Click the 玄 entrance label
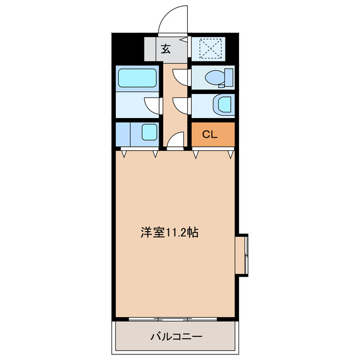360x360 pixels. [166, 48]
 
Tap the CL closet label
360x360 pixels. [209, 134]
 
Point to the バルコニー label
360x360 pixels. [176, 337]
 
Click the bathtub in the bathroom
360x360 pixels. [138, 77]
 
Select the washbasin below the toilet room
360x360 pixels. [223, 104]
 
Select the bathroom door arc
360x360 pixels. [152, 105]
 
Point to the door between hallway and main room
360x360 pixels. [177, 140]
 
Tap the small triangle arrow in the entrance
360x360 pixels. [184, 39]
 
